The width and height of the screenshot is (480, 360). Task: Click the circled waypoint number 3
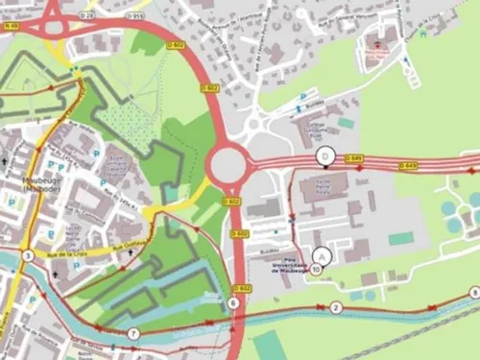coord(28,255)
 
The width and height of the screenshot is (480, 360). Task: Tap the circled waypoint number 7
coord(133,333)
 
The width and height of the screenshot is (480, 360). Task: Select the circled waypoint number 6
coord(233,303)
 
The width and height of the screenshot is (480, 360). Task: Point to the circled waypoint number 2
coord(336,307)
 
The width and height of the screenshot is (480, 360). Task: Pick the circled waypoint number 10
coord(316,270)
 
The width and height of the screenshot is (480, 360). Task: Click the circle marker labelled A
coord(322,255)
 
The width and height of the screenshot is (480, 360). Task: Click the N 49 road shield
coord(11,26)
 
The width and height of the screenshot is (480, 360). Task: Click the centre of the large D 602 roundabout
coord(230,165)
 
